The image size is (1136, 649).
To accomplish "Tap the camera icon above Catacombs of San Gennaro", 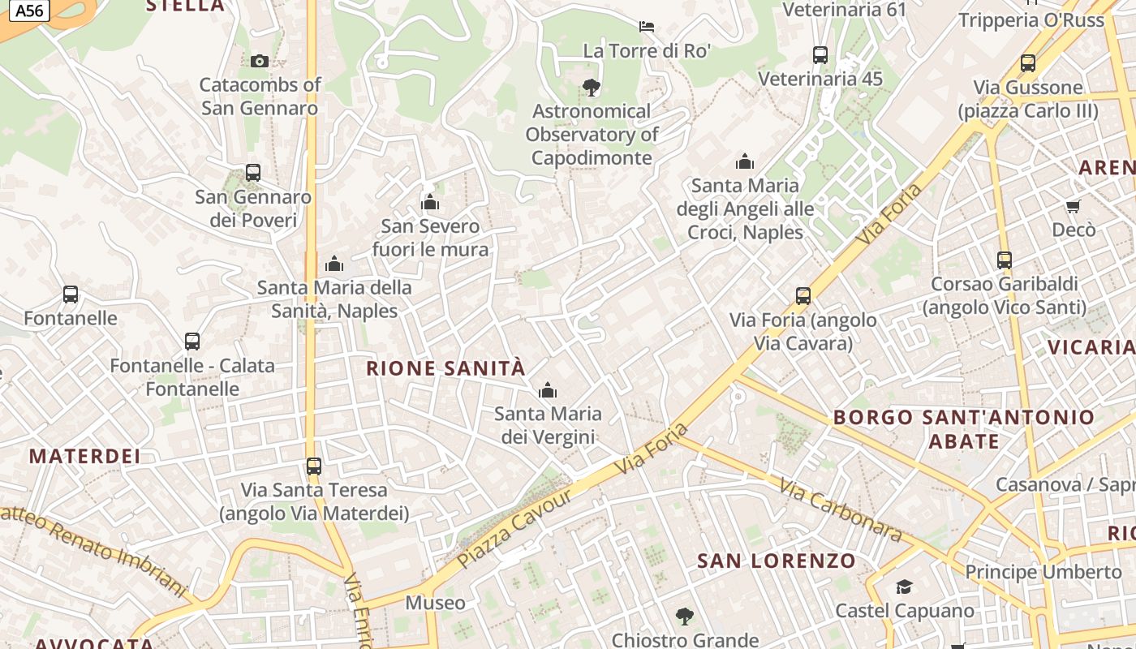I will (260, 61).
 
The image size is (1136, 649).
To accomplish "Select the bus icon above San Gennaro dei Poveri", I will (253, 173).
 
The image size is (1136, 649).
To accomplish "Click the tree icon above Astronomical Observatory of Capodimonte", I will (592, 88).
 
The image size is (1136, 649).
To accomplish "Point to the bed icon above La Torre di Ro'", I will (647, 27).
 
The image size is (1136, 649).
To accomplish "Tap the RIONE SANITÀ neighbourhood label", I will (445, 368).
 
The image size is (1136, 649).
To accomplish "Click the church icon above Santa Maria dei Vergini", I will (549, 391).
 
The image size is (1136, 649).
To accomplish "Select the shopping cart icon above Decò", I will (1074, 207).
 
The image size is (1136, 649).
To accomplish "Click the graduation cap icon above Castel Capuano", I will (904, 587).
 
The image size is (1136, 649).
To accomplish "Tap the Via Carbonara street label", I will (841, 509).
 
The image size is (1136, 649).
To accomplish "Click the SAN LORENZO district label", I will (777, 561).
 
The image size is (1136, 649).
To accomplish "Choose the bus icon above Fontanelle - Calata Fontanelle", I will (192, 342).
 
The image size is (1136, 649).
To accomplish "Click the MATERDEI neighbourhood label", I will (85, 456).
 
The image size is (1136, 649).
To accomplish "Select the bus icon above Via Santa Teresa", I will (314, 466).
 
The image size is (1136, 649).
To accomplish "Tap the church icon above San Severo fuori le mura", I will (430, 202).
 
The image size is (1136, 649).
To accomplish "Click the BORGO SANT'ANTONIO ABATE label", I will (964, 429).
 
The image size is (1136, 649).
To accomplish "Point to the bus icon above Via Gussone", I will (1028, 63).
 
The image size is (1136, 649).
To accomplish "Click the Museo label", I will (436, 603).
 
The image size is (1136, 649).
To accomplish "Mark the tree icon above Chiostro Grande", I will (685, 617).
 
